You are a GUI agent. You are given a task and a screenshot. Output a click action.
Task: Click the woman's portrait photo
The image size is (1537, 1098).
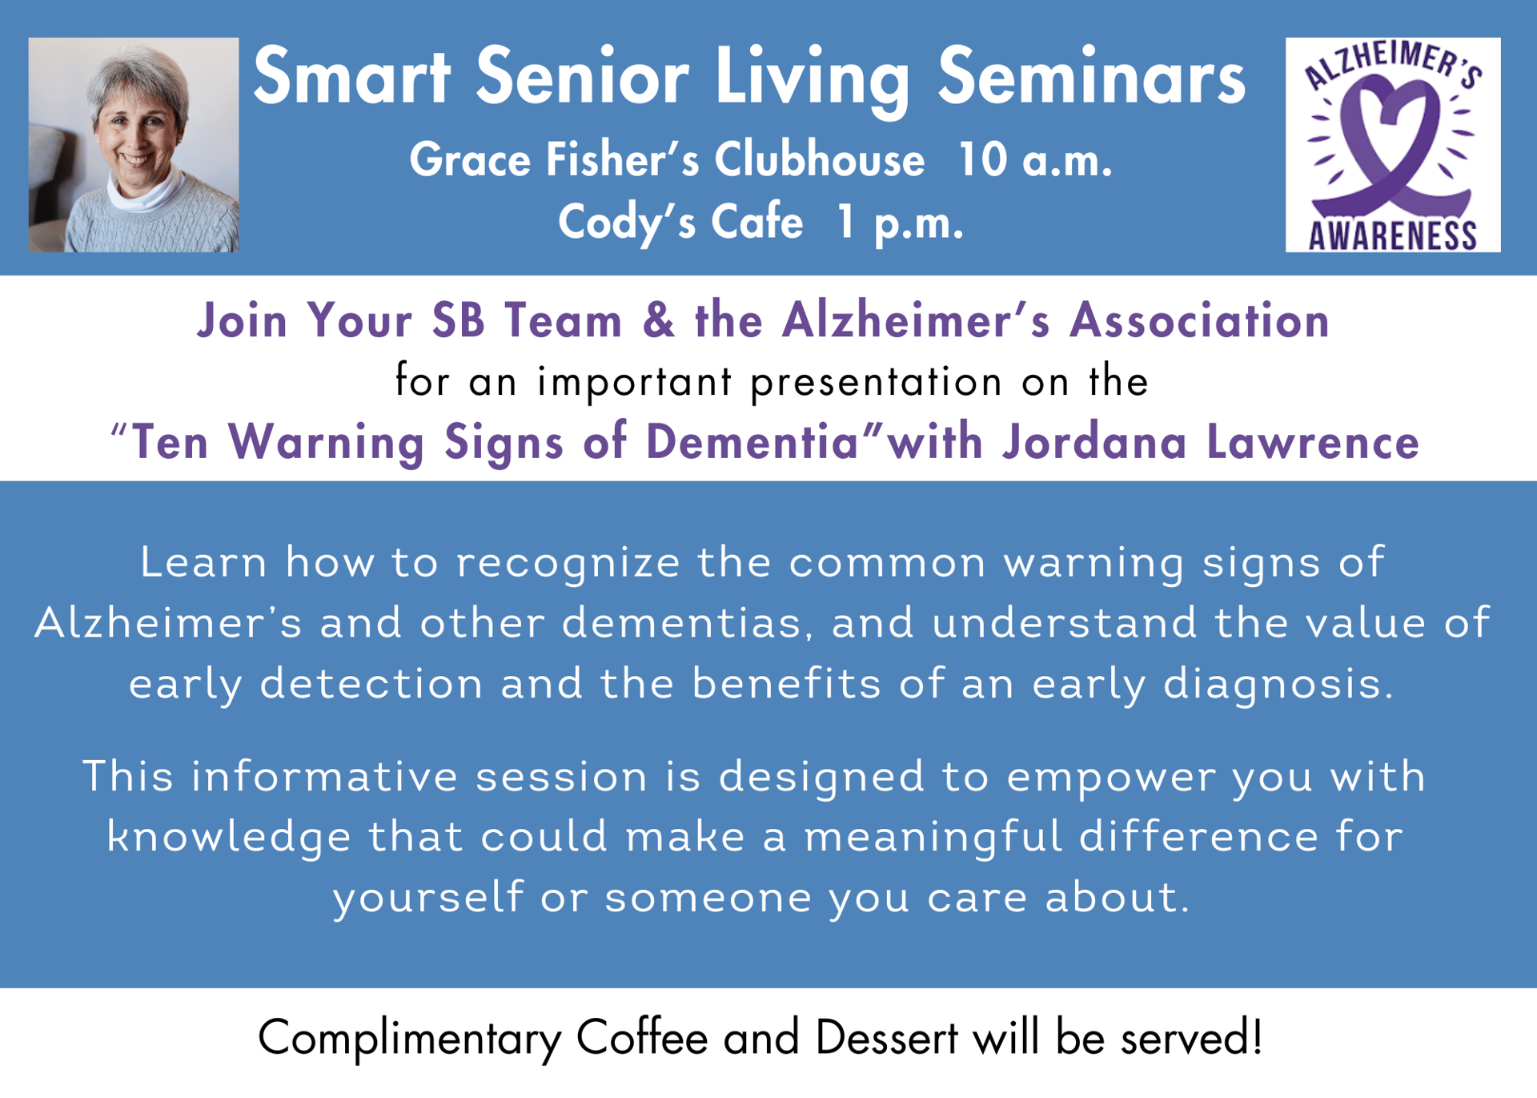134,145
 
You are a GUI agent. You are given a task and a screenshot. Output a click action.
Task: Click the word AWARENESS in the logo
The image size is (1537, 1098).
1393,235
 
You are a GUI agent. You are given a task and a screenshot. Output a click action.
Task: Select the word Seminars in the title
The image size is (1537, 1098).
1092,77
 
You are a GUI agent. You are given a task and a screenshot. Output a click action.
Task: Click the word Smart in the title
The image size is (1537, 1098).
351,77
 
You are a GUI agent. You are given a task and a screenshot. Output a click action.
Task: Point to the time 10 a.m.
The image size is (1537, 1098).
1035,159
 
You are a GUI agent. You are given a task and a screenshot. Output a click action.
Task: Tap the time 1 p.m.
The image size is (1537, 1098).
900,222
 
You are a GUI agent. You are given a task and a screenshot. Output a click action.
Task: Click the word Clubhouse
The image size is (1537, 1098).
820,159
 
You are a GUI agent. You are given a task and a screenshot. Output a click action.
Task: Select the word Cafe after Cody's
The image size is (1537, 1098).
757,222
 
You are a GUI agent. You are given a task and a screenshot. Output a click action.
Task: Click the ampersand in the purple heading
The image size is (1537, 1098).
658,320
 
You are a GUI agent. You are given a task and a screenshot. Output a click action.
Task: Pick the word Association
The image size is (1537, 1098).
1200,320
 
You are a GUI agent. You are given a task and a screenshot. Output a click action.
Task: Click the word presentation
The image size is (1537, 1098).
877,382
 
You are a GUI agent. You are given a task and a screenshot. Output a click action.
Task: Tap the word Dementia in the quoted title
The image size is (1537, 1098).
752,442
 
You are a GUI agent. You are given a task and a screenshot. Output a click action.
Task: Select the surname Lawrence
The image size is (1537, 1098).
1313,442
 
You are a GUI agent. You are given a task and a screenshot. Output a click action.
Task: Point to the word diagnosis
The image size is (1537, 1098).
1278,684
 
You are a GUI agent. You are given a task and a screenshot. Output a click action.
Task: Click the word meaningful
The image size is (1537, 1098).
933,837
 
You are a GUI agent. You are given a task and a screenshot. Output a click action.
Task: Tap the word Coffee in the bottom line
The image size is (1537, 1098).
642,1038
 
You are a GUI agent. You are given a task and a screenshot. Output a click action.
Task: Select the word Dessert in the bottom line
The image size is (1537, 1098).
887,1038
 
